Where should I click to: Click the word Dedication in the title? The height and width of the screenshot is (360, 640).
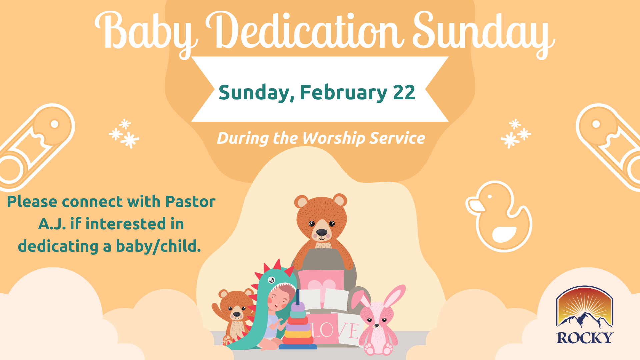pyautogui.click(x=305, y=32)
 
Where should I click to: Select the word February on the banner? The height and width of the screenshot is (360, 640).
pyautogui.click(x=343, y=92)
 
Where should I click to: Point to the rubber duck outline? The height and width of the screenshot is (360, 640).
pyautogui.click(x=499, y=217)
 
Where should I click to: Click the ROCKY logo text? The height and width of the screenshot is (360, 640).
pyautogui.click(x=585, y=338)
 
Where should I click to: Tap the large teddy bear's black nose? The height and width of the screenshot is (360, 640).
pyautogui.click(x=322, y=232)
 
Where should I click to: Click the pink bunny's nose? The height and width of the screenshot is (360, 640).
pyautogui.click(x=377, y=325)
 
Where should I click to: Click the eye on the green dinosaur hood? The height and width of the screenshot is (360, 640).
pyautogui.click(x=271, y=279)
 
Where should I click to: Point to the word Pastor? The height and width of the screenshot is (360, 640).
pyautogui.click(x=190, y=202)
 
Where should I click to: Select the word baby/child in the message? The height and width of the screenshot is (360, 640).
pyautogui.click(x=158, y=246)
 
